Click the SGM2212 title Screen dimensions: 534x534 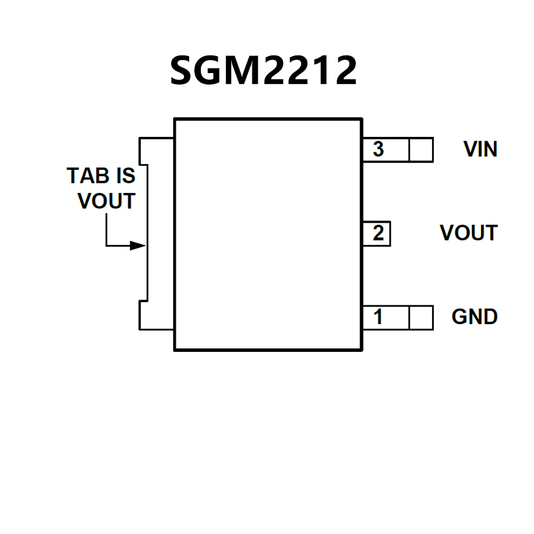point(263,70)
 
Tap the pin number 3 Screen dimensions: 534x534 point(378,149)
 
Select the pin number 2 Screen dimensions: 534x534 point(378,233)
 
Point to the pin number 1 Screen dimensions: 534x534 point(378,317)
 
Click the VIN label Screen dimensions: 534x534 point(480,149)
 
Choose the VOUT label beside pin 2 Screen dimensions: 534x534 point(468,233)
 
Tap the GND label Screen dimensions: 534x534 point(475,317)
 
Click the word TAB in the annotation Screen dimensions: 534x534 point(88,176)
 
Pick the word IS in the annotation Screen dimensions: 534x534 point(125,176)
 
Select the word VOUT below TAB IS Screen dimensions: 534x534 point(107,201)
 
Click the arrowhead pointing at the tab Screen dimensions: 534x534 point(137,245)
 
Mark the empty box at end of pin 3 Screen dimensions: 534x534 point(421,150)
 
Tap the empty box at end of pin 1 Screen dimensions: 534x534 point(421,317)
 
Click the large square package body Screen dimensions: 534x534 point(267,234)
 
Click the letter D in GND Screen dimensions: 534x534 point(489,317)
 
